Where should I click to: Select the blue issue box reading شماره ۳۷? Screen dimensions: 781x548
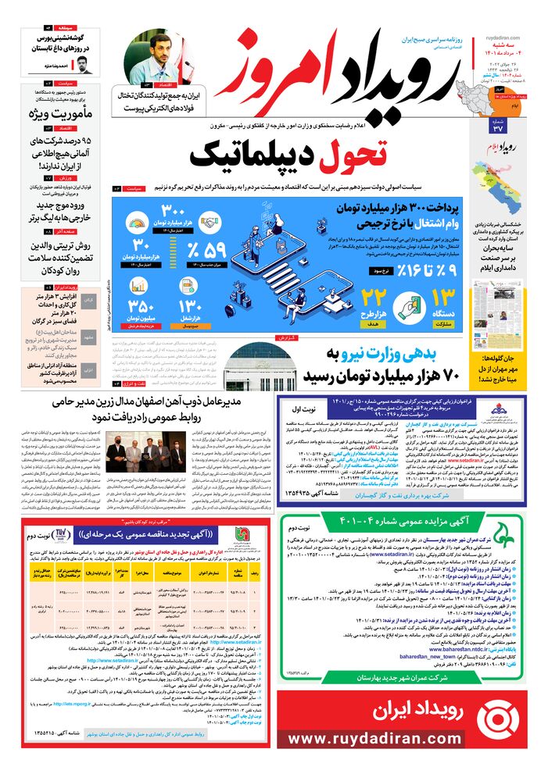497,127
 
